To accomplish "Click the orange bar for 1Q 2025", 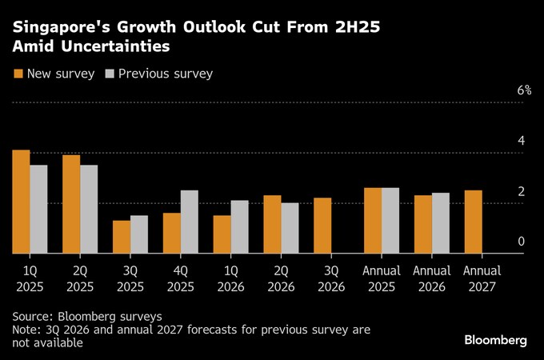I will point(22,202).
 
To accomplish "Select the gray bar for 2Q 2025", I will point(89,210).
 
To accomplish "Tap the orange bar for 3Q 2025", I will point(122,237).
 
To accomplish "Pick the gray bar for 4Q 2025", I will point(190,222).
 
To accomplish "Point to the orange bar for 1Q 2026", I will point(222,234).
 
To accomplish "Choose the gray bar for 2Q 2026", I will point(290,228).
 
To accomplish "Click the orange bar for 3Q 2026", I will point(322,226).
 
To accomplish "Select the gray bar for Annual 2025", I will point(390,221).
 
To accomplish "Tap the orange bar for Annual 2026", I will point(422,224).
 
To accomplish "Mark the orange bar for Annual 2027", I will point(473,222).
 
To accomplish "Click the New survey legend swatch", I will point(18,74).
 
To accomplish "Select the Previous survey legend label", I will point(165,74).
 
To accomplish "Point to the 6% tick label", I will point(524,90).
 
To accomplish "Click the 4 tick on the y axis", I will point(521,141).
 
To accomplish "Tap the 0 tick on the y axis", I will point(521,242).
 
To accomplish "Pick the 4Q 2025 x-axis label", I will point(180,278).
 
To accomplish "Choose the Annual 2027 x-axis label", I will point(482,278).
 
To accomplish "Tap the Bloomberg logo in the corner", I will point(495,340).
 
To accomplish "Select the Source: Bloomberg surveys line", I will point(87,315).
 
